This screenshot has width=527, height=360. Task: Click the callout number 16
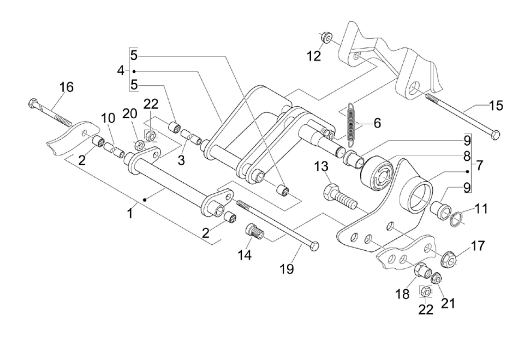click(66, 87)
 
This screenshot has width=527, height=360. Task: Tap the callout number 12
click(314, 56)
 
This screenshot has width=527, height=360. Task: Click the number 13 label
click(322, 166)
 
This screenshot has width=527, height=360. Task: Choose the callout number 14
click(244, 255)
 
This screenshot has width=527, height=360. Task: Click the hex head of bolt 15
click(494, 135)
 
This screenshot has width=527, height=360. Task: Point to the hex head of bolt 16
click(32, 103)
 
